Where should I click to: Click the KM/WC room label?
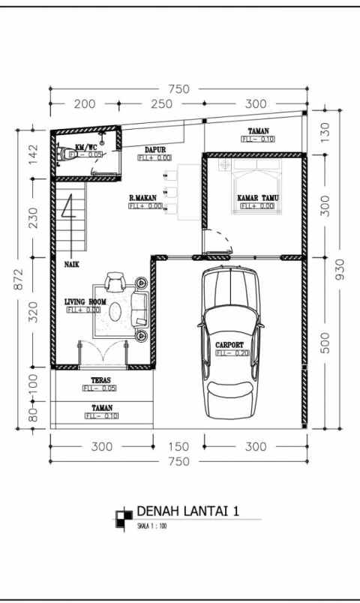coord(86,147)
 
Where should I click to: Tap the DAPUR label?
coord(155,150)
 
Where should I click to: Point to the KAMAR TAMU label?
coord(256,198)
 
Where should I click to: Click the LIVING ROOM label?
coord(84,301)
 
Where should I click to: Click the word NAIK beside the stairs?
coord(72,265)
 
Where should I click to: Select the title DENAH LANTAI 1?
coord(187,511)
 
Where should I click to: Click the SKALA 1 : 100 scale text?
coord(153,526)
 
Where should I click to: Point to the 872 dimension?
coord(18,277)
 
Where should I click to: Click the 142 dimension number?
coord(33,154)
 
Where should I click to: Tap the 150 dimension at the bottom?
coord(178,447)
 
